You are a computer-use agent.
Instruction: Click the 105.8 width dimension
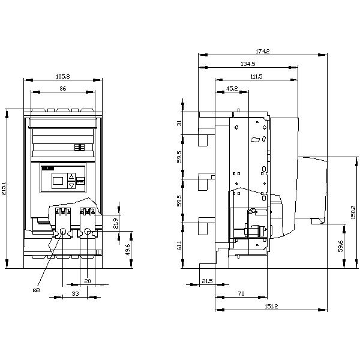[x=62, y=76]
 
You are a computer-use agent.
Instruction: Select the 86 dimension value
[x=62, y=88]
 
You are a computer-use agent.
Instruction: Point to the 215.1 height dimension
[x=4, y=188]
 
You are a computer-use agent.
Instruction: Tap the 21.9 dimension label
[x=116, y=223]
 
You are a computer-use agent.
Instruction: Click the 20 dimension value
[x=87, y=281]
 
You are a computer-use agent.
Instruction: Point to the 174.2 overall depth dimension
[x=263, y=52]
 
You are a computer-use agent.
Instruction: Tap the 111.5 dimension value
[x=256, y=76]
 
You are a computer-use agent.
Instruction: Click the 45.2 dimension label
[x=232, y=88]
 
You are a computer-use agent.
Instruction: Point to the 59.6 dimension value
[x=340, y=245]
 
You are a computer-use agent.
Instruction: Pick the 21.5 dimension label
[x=207, y=281]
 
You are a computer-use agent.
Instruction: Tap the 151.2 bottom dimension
[x=271, y=306]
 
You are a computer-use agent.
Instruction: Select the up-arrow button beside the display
[x=71, y=177]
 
